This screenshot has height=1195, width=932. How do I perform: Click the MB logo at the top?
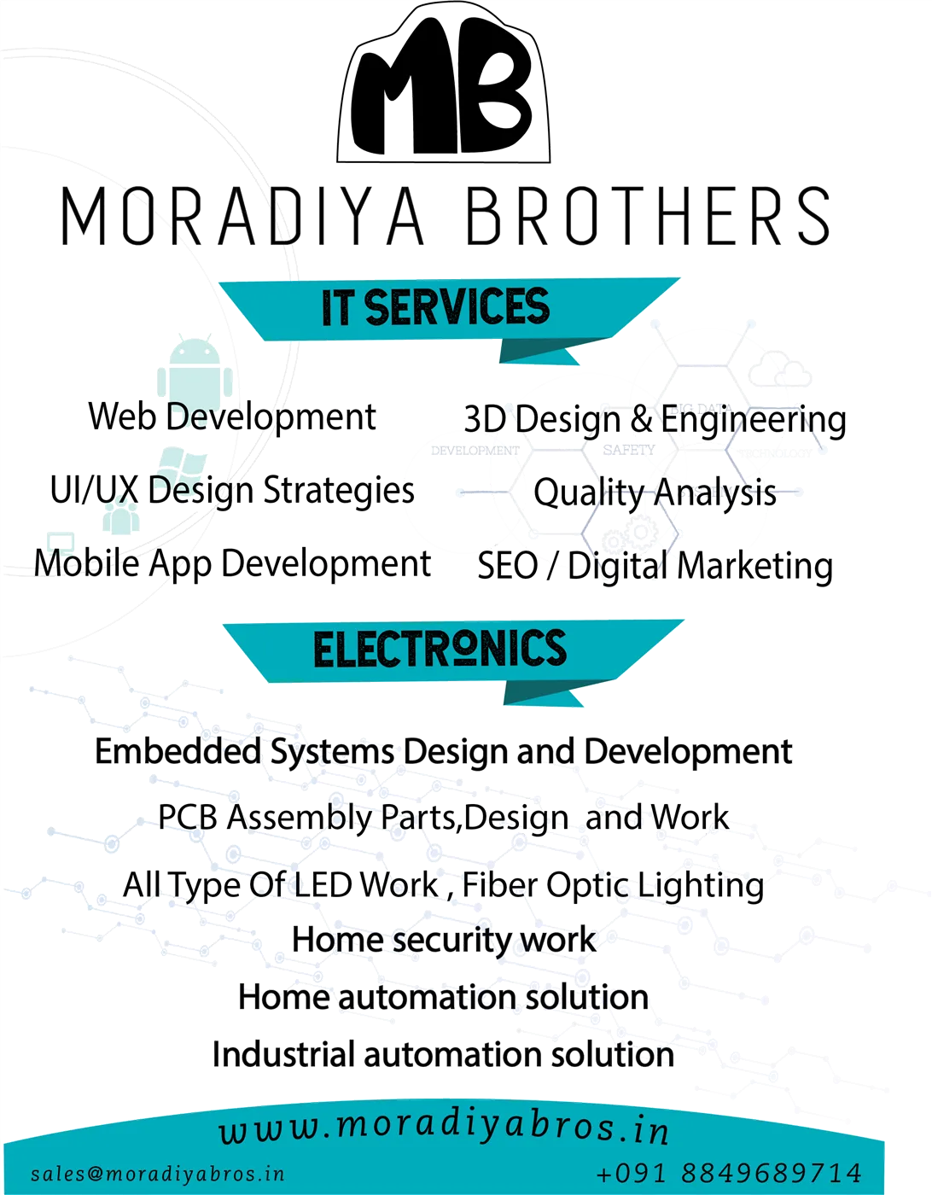(446, 89)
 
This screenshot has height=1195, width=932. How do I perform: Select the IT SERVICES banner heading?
(435, 308)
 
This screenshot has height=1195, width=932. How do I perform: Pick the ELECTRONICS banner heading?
(440, 650)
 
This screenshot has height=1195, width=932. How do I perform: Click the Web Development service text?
(232, 417)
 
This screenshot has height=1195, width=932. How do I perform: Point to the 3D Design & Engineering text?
(655, 419)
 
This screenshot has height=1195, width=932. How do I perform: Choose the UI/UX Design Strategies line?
(232, 490)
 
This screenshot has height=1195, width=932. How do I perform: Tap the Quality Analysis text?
(655, 493)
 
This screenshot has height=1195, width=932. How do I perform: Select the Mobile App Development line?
(232, 563)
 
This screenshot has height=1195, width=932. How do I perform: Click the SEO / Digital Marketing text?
(655, 566)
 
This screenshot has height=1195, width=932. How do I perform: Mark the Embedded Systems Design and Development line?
(444, 751)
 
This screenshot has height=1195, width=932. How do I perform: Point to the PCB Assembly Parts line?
(444, 817)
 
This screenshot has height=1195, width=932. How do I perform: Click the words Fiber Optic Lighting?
(613, 884)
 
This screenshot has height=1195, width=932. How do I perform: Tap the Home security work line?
(444, 940)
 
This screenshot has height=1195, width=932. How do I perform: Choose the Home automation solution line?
(444, 996)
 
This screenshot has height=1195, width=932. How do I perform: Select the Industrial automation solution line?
(444, 1054)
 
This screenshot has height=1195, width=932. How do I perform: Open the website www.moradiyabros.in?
(444, 1128)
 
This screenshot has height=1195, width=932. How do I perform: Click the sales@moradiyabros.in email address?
(158, 1174)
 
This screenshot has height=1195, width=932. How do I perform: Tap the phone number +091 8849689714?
(728, 1173)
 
